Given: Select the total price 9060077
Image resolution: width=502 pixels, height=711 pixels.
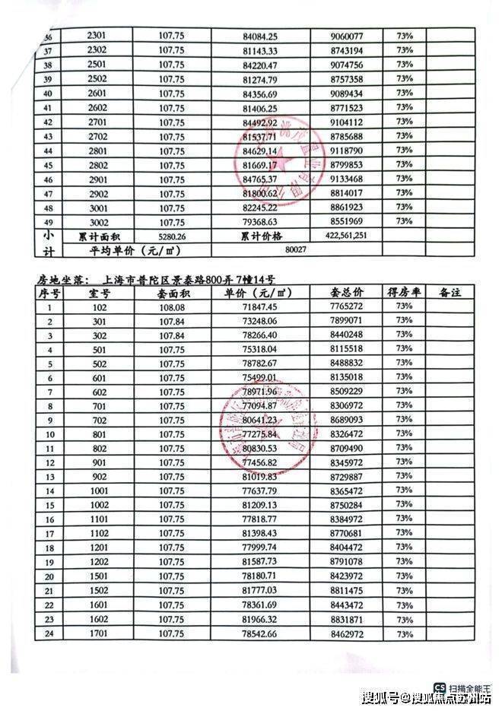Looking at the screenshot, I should point(348,36).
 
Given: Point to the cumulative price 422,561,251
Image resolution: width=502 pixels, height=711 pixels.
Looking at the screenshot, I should point(352,236).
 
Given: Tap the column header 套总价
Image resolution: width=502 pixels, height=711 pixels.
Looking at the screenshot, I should point(348,293).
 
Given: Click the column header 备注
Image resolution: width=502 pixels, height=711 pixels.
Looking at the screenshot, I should point(455,293).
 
